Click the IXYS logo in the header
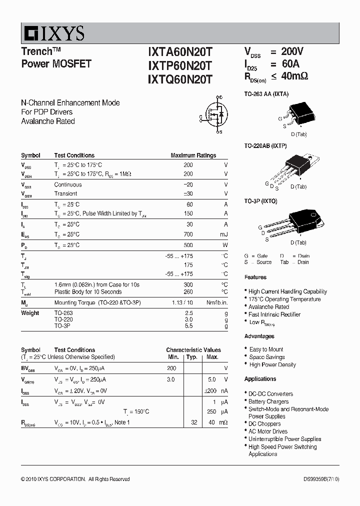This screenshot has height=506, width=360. (53, 33)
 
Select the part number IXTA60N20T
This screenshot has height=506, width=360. (180, 52)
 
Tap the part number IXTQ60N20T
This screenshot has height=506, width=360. (180, 79)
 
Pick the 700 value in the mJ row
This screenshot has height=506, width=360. (188, 234)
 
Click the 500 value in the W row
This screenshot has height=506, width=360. (188, 245)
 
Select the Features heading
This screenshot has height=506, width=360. (255, 277)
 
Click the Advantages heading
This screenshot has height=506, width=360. (259, 336)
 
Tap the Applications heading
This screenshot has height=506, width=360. (260, 379)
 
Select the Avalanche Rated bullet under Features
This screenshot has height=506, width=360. (268, 307)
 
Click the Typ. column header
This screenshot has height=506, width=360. (192, 357)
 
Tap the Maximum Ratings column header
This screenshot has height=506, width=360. (193, 155)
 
